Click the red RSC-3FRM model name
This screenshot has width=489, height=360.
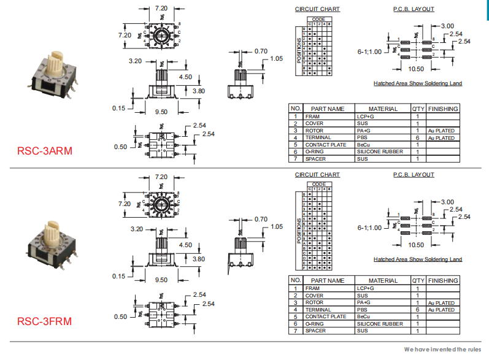45,321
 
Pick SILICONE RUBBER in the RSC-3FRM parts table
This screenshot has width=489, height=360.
380,324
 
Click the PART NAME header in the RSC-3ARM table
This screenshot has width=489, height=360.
328,109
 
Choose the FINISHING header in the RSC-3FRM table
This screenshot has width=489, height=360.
443,280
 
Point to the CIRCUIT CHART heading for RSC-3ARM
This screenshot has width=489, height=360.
317,9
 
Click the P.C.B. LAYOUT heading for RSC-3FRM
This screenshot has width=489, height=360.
413,175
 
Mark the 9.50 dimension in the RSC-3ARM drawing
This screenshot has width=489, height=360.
161,112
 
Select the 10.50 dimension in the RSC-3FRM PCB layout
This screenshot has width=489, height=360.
416,244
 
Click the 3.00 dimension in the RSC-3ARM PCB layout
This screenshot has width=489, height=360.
447,26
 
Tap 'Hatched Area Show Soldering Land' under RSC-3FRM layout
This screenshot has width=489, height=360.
418,259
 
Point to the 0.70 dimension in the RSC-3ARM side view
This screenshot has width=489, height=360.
261,51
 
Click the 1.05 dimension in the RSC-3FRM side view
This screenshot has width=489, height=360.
276,226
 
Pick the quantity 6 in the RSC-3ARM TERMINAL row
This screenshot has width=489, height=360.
417,138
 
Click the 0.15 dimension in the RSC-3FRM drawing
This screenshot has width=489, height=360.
118,276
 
